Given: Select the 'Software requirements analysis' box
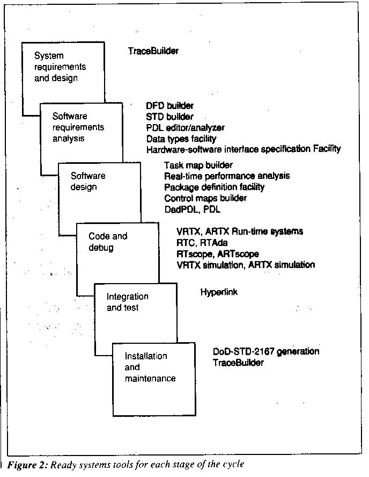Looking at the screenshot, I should point(78,127).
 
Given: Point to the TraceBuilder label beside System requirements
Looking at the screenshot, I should point(153,52).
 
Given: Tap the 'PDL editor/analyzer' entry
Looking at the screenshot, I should point(186,128).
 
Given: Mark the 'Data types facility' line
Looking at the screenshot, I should point(181,139).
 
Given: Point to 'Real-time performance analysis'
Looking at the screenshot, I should point(227,176).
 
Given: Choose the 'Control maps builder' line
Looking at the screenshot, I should point(205,198).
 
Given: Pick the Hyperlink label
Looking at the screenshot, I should point(219,293).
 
